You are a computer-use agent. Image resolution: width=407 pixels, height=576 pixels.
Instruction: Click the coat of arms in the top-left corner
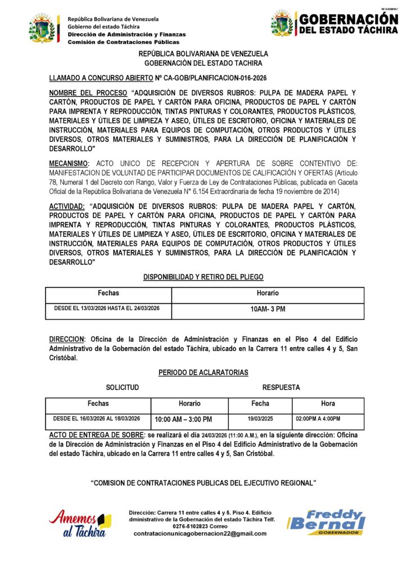point(43,29)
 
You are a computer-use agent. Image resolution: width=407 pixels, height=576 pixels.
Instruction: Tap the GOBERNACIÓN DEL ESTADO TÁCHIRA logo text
point(349,24)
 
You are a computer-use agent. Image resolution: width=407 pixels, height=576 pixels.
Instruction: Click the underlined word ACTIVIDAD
point(67,206)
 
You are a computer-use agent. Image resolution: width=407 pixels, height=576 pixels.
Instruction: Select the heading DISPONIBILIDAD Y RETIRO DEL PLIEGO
point(203,277)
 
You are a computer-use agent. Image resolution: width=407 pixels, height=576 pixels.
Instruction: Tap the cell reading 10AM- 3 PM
point(268,309)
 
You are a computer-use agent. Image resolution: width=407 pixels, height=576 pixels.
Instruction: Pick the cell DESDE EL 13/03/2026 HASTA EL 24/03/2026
point(107,309)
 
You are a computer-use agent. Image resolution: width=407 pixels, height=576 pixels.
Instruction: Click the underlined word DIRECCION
point(67,340)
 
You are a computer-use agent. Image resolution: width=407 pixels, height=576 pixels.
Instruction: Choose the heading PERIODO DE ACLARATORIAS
point(203,372)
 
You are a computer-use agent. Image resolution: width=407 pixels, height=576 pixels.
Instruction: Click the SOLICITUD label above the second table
point(123,388)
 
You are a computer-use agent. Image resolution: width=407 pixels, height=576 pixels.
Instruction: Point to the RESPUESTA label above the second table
point(281,388)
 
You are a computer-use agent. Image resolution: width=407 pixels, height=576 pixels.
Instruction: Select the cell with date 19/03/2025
point(260,419)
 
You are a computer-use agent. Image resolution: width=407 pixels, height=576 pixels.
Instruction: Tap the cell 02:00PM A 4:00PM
point(318,419)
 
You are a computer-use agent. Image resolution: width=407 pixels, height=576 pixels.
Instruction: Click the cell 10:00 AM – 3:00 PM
point(183,420)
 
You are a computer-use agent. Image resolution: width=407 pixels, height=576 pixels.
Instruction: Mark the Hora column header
point(328,403)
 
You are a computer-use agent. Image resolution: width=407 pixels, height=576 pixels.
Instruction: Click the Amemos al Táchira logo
point(80,523)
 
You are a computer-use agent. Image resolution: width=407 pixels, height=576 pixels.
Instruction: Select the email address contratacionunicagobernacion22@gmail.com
point(200,534)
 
